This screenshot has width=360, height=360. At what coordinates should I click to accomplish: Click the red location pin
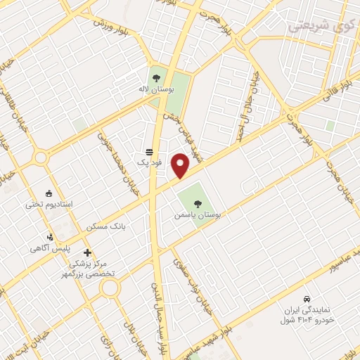(181, 166)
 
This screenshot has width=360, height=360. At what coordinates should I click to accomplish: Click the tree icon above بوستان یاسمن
(197, 204)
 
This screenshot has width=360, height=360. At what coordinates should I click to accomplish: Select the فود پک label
(148, 163)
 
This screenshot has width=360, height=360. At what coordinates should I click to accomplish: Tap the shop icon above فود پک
(148, 151)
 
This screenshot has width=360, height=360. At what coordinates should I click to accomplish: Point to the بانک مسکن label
(105, 228)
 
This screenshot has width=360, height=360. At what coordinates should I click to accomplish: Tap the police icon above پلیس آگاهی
(50, 237)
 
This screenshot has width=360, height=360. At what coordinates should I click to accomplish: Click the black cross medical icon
(87, 252)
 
